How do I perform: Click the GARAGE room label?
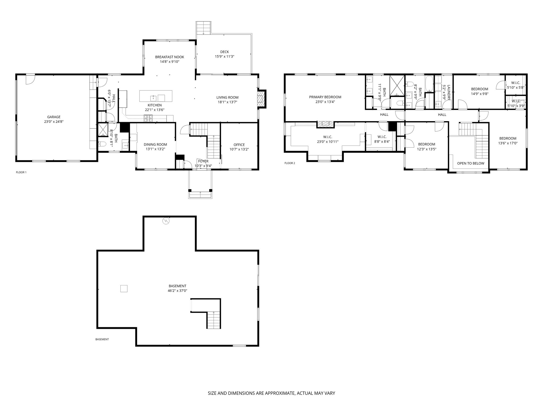[x=54, y=117]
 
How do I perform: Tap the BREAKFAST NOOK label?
[x=170, y=57]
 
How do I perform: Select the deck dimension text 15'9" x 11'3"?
[x=225, y=56]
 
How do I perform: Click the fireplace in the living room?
[x=262, y=99]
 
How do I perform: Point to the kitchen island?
[x=156, y=96]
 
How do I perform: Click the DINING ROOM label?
[x=155, y=144]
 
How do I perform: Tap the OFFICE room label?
[x=239, y=145]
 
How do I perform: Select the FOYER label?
[x=203, y=161]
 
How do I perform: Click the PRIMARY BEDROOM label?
[x=325, y=97]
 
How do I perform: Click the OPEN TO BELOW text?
[x=471, y=163]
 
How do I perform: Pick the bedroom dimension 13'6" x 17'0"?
[x=508, y=143]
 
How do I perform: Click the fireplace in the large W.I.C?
[x=326, y=124]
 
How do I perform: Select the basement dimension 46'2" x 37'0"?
[x=177, y=291]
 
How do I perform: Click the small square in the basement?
[x=124, y=289]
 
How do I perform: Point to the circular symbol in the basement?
[x=166, y=221]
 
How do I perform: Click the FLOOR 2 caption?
[x=290, y=163]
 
